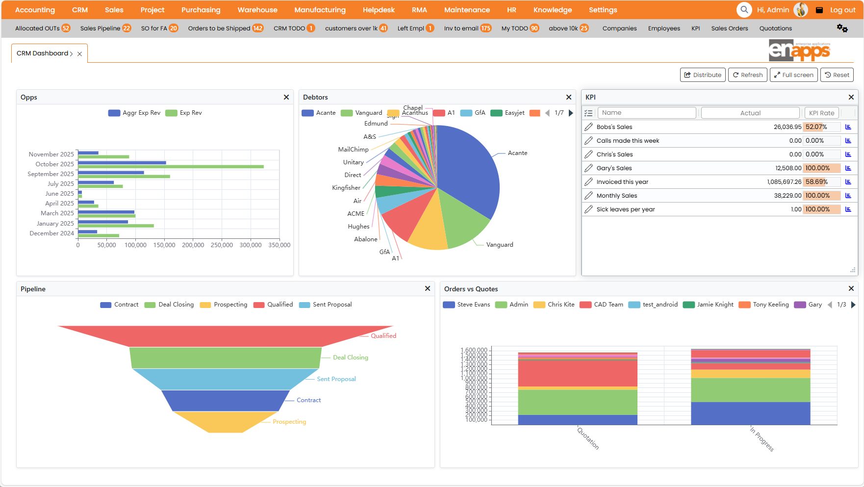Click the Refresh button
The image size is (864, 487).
click(747, 75)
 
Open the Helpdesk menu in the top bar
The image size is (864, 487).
click(378, 10)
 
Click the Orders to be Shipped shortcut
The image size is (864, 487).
click(225, 28)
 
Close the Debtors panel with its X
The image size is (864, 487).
click(568, 97)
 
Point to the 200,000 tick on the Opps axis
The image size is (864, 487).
click(193, 245)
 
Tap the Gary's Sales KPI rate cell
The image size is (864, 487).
click(821, 168)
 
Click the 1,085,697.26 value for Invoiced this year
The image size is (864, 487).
click(784, 182)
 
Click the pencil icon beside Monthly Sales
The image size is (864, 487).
click(588, 196)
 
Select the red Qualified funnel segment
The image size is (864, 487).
click(226, 336)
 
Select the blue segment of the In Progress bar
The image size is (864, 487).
click(750, 413)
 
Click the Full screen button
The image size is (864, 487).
click(793, 75)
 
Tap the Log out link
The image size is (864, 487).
click(842, 10)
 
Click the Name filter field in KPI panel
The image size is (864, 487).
click(646, 113)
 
